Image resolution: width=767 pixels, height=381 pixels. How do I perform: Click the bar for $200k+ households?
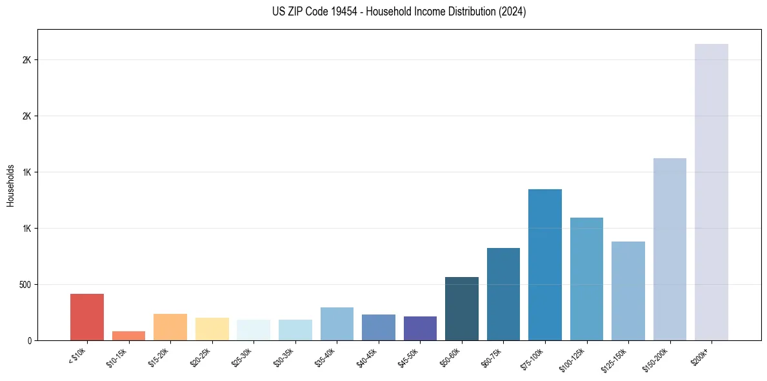pos(711,192)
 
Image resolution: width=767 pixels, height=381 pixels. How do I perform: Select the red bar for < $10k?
pos(87,317)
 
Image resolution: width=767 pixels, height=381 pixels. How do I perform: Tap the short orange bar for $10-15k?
pos(128,336)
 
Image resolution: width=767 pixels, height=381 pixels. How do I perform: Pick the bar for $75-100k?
pos(544,265)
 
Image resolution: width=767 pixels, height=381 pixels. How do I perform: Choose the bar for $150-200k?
pos(670,249)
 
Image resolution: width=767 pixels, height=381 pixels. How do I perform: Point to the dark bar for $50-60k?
pos(461,309)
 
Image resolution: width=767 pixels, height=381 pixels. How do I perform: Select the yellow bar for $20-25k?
pos(212,329)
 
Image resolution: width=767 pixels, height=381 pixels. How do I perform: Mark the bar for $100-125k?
pos(586,279)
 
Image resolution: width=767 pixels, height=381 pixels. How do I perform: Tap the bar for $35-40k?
pos(337,324)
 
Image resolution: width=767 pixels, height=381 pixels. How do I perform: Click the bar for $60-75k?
pos(503,294)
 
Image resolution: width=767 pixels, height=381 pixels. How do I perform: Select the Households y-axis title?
pos(10,185)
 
